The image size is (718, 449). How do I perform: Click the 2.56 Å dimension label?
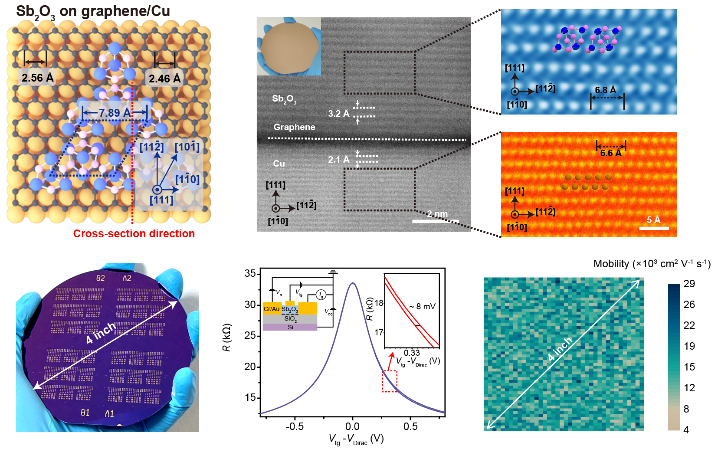(37, 78)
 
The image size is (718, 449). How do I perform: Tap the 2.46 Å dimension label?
(164, 79)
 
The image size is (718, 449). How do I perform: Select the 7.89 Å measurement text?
(115, 113)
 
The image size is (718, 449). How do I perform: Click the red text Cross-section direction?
(134, 233)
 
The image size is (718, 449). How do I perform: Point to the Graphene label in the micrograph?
(294, 127)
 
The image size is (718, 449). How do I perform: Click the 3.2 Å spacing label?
(338, 114)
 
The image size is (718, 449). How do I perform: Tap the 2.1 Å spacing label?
(338, 160)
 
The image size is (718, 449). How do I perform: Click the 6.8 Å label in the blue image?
(605, 90)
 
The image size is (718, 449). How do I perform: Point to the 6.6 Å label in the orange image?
(610, 153)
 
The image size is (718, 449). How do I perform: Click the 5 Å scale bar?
(654, 228)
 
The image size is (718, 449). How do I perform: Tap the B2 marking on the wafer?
(100, 278)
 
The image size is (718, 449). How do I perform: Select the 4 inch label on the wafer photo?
(100, 333)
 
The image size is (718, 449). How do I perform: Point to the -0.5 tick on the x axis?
(295, 426)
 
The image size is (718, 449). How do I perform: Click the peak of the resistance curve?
(353, 283)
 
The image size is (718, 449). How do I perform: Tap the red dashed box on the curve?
(390, 381)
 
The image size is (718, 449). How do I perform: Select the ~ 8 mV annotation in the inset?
(422, 307)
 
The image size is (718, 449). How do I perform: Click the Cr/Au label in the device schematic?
(272, 309)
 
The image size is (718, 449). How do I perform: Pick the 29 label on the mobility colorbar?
(689, 284)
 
